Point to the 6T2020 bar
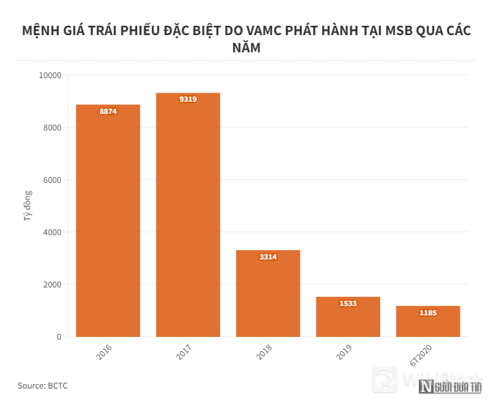coord(428,324)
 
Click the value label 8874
coord(108,112)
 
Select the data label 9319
coord(188,99)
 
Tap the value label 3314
coord(268,257)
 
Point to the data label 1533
coord(348,303)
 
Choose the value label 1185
coord(428,313)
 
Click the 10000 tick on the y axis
coord(50,75)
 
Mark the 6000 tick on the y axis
coord(52,180)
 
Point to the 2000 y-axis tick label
coord(52,285)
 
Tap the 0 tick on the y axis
coord(58,337)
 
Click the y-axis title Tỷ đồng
coord(28,205)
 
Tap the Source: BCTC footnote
coord(43,386)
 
